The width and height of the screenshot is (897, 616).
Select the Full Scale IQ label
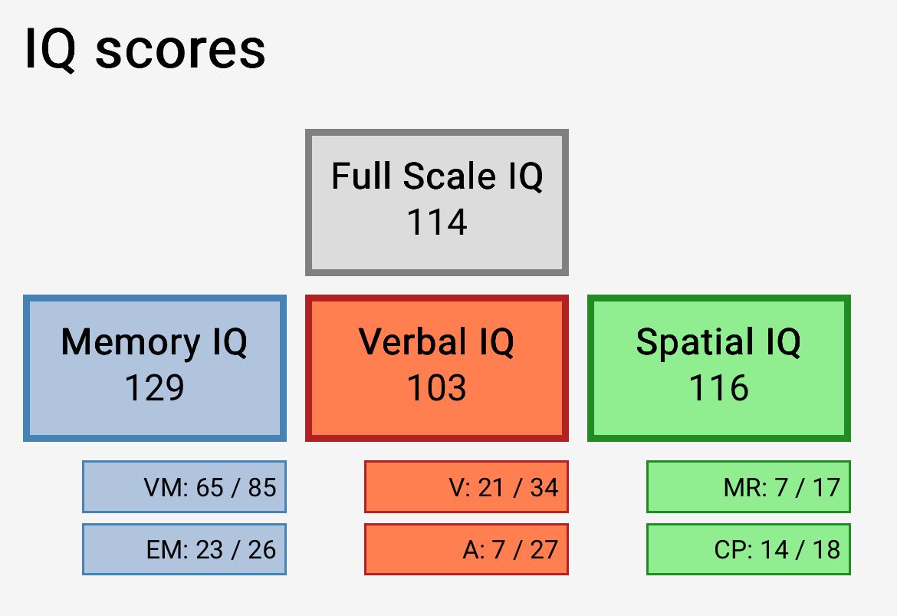coord(437,176)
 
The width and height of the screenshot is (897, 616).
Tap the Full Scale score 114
coord(437,222)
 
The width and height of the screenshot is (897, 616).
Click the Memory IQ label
coord(154,342)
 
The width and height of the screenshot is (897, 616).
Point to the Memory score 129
coord(154,387)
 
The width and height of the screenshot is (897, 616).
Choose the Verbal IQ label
coord(436,342)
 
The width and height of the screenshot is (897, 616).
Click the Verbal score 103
coord(436,387)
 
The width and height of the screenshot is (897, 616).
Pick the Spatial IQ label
coord(718,342)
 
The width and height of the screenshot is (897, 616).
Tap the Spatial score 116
coord(718,387)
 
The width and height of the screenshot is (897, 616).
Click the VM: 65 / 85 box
coord(184,486)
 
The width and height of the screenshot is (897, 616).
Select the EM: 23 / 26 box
coord(184,549)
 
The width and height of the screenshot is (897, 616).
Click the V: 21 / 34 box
coord(466,486)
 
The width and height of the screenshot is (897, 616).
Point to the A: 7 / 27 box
coord(466,549)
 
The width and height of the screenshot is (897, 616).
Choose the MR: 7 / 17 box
coord(748,486)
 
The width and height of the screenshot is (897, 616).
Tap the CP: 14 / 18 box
coord(748,549)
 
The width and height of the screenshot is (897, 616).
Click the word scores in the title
coord(180,51)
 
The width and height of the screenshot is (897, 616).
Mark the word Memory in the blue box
coord(131,342)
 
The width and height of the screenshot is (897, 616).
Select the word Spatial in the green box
coord(695,342)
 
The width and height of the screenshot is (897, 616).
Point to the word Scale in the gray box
coord(449,176)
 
